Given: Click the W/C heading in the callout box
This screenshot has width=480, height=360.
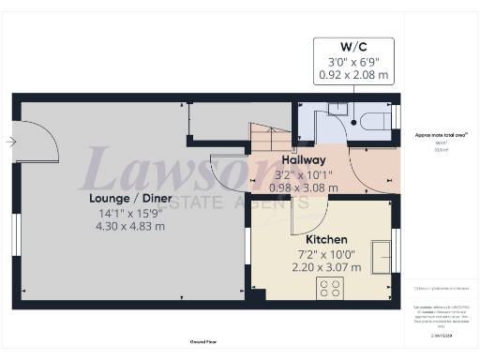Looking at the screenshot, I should point(352,46).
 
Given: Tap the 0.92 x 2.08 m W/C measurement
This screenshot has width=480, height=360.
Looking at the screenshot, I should point(352,75).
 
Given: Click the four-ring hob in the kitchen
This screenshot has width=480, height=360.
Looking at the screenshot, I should point(330,288).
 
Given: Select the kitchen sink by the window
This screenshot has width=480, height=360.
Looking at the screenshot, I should point(382,254).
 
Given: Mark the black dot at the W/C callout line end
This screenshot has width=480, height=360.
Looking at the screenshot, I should point(352,121).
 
